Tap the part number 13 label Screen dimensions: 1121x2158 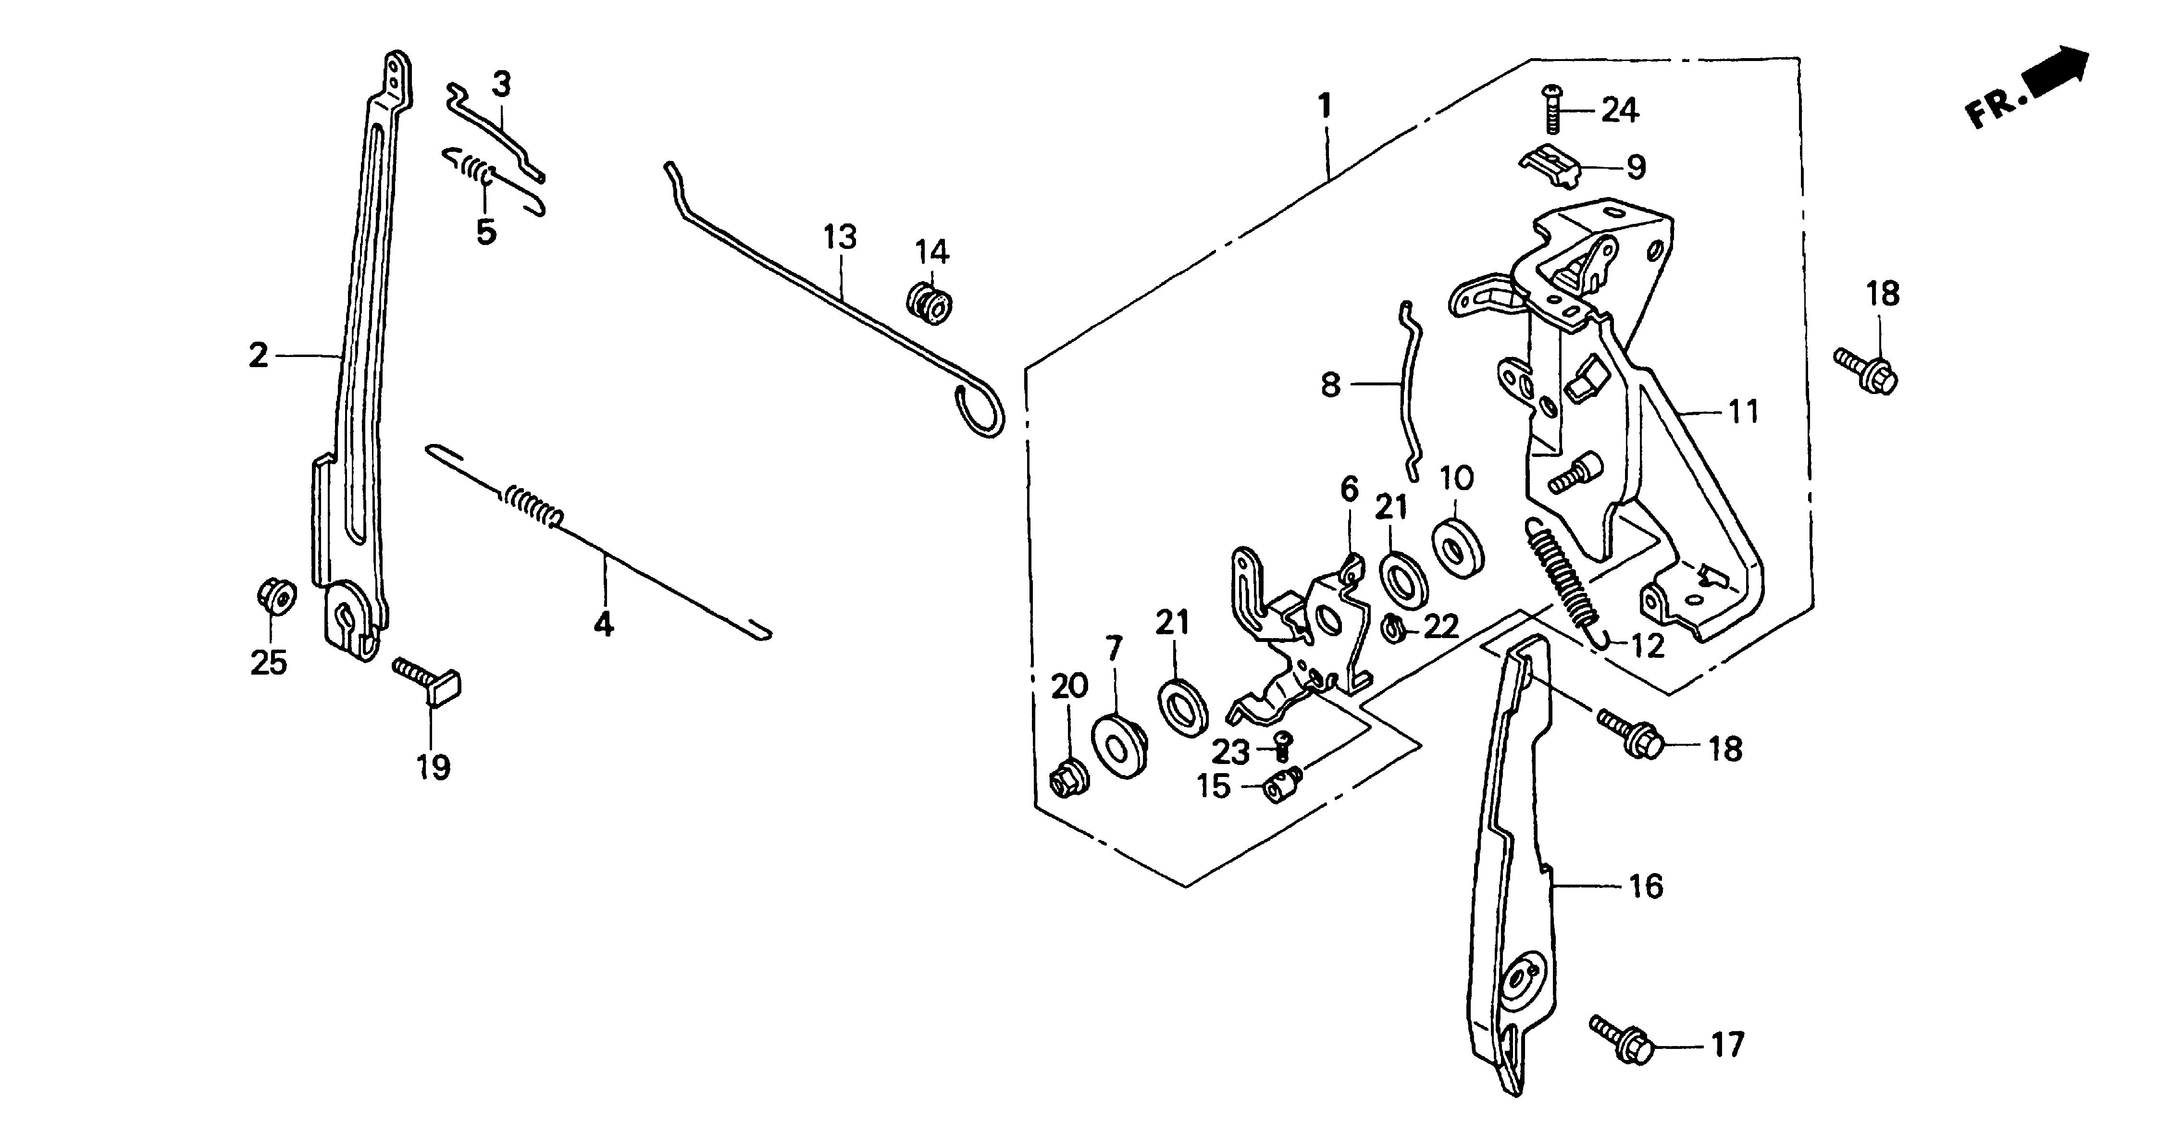click(x=839, y=237)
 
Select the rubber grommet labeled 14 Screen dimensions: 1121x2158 click(x=930, y=303)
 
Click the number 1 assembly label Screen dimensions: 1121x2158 click(x=1325, y=106)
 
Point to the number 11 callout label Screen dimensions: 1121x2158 click(x=1744, y=412)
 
